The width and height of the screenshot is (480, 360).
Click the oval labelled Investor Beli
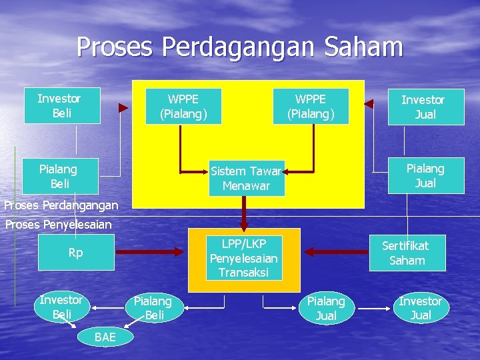(x=61, y=307)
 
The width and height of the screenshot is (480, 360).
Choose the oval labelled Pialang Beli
(x=154, y=308)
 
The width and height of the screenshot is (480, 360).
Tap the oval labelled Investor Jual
(x=421, y=308)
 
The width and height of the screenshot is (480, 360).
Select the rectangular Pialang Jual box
(x=425, y=175)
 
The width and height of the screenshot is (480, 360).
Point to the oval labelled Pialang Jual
(x=325, y=308)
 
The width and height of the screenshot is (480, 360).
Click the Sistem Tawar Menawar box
(x=246, y=178)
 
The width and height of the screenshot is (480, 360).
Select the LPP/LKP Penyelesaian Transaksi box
(x=244, y=257)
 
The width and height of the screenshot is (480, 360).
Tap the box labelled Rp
(x=75, y=253)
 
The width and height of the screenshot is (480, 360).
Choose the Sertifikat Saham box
(x=407, y=253)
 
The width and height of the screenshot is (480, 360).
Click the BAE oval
(x=105, y=337)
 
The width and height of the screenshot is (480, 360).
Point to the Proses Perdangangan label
(x=61, y=205)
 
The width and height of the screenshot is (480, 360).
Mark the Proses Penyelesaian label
(x=59, y=225)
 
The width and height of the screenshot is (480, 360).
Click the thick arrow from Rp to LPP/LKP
(x=149, y=251)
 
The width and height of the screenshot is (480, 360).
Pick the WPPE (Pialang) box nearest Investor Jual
(x=311, y=106)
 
